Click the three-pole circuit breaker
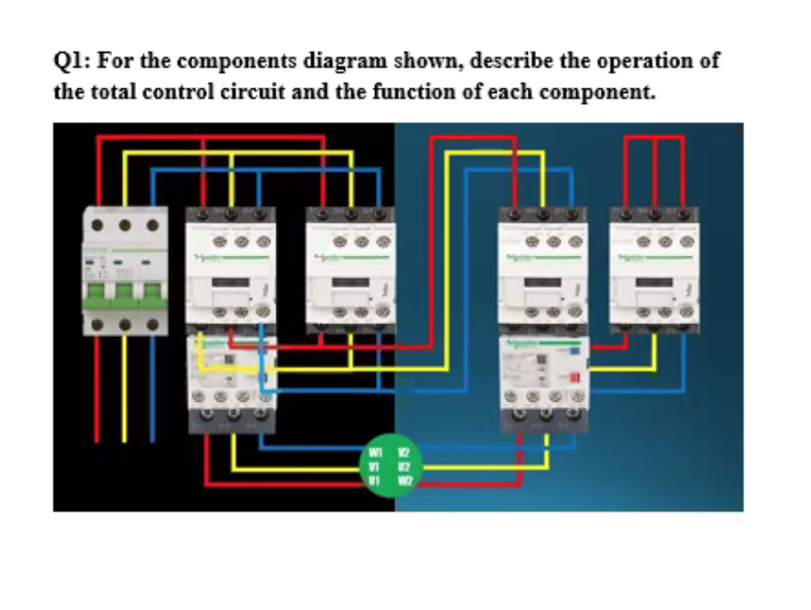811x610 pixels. [124, 270]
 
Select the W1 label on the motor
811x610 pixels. [375, 452]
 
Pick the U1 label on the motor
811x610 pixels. [375, 479]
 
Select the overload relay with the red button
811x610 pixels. [543, 381]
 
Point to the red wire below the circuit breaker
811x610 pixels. [97, 390]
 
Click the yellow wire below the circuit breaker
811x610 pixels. [125, 390]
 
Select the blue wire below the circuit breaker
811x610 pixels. [152, 390]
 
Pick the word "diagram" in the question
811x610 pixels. [346, 62]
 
